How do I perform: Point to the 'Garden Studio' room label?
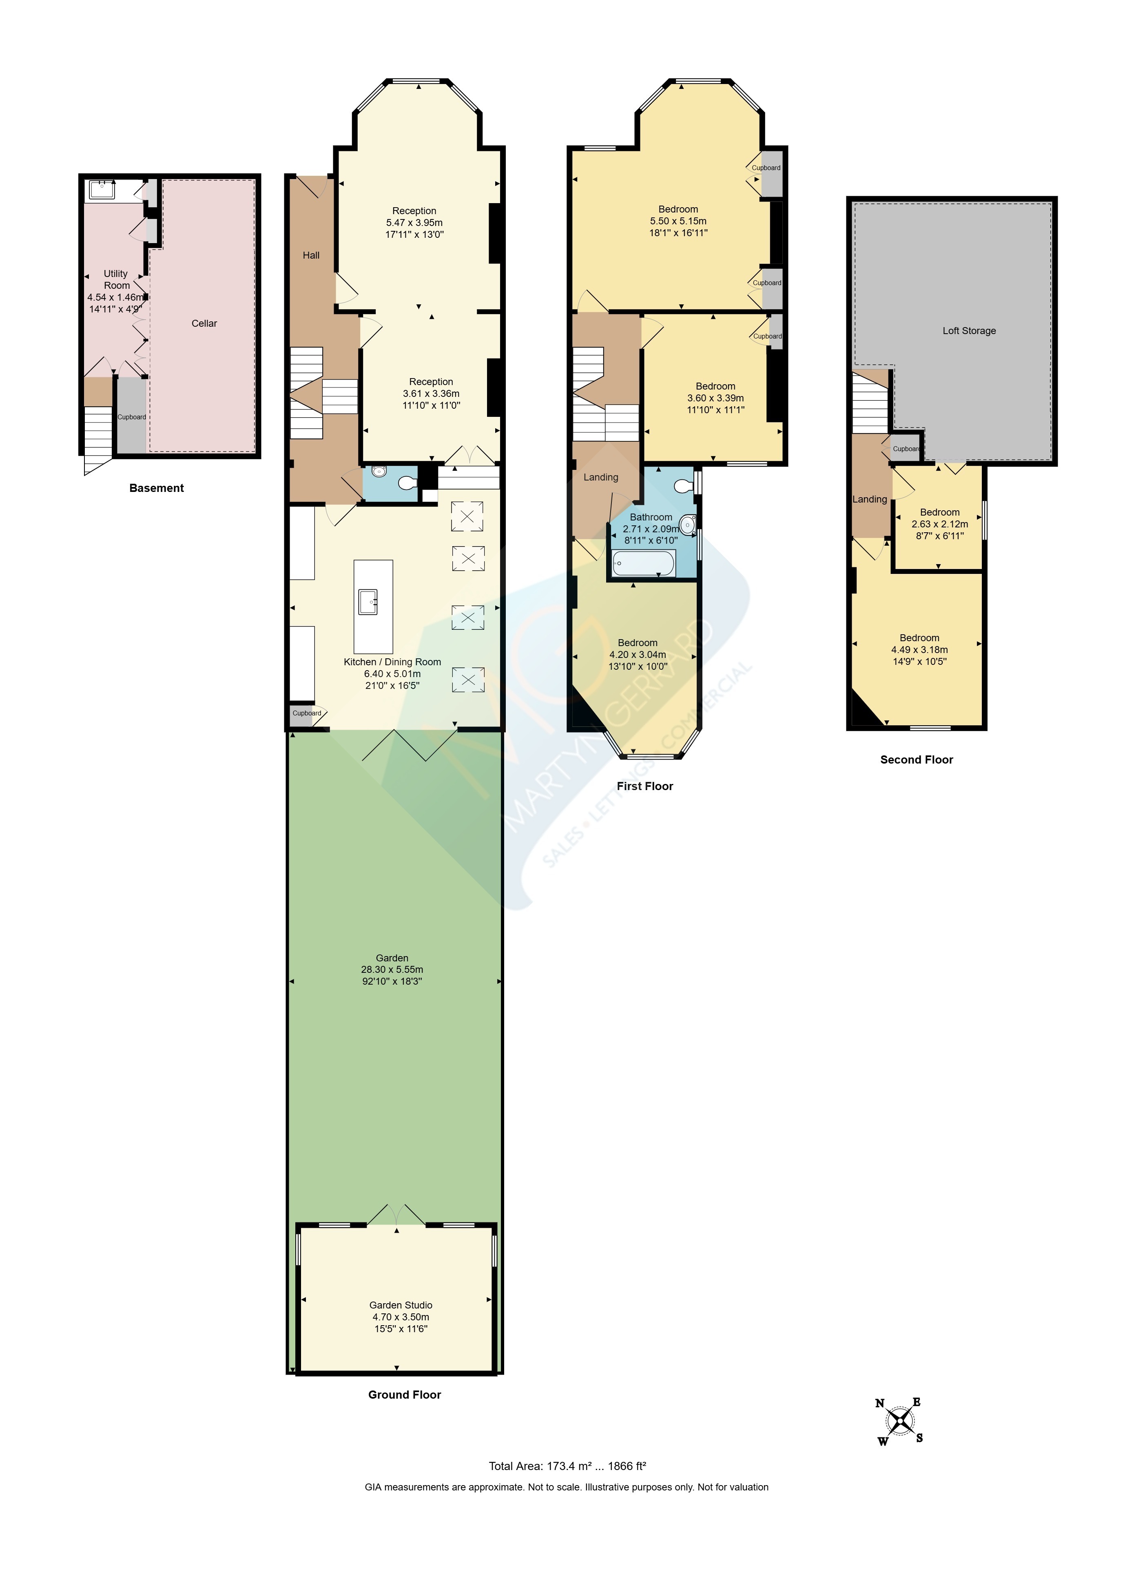[401, 1305]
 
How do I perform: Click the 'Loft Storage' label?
[969, 331]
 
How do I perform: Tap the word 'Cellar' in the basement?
[204, 323]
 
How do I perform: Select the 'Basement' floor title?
[157, 488]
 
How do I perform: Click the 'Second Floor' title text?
[916, 759]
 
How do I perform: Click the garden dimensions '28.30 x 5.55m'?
[392, 970]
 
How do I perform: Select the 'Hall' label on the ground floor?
[311, 255]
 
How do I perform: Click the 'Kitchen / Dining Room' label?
[392, 662]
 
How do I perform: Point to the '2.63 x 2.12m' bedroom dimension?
[940, 524]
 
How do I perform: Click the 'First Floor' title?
[644, 786]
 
